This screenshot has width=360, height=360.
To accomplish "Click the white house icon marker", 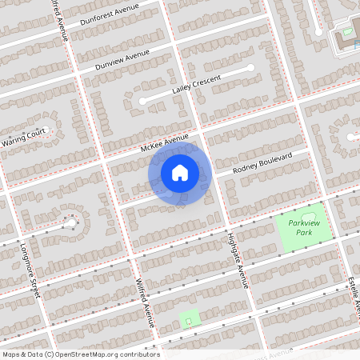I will point(180,172).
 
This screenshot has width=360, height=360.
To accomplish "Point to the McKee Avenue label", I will point(164,144).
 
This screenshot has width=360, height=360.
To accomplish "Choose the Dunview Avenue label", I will point(122,60).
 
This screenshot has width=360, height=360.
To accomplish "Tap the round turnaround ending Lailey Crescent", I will point(142,101).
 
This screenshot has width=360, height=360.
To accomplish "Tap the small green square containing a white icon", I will point(189,320).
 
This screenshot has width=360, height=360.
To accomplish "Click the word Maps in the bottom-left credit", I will point(10,354).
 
